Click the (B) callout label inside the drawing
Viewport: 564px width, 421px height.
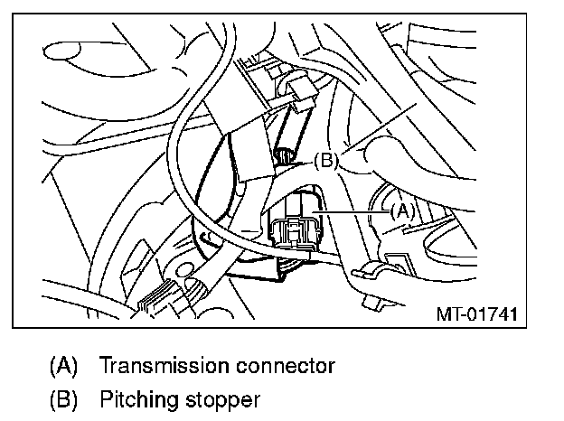pos(325,163)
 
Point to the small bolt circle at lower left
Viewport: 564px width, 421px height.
pos(186,268)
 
